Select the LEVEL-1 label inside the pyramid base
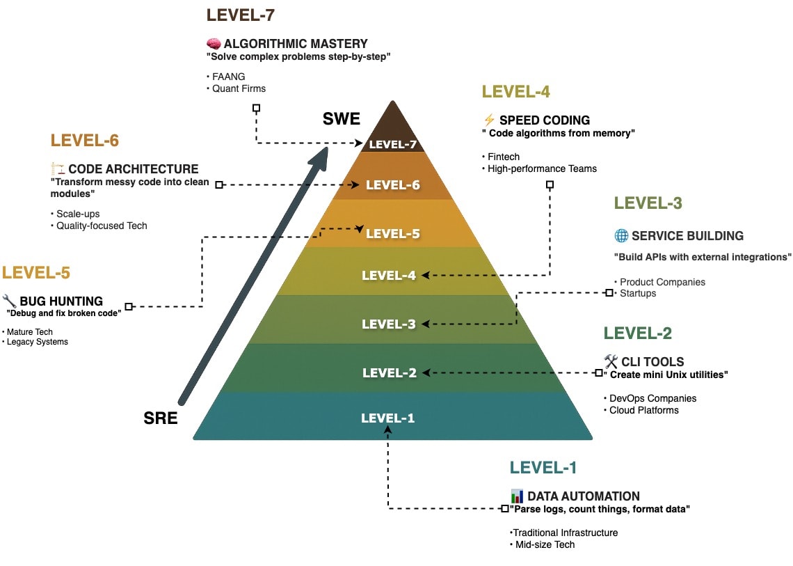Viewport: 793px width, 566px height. [x=387, y=418]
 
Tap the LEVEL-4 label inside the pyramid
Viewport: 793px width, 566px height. [x=389, y=276]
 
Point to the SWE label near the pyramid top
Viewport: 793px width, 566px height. [x=342, y=119]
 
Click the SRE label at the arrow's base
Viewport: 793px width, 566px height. [x=161, y=418]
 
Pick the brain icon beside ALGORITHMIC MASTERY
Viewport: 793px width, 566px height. [x=214, y=44]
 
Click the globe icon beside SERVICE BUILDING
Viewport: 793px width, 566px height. [x=621, y=235]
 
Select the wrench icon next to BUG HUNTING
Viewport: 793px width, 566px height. [x=10, y=301]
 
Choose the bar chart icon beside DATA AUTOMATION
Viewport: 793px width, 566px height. [x=517, y=496]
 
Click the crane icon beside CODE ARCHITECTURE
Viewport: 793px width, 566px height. [x=58, y=169]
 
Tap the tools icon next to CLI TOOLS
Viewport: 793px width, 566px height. [x=611, y=361]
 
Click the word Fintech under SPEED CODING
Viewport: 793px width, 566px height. [x=503, y=157]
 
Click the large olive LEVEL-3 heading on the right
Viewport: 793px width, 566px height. [x=648, y=203]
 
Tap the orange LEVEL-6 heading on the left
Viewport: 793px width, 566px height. [x=85, y=141]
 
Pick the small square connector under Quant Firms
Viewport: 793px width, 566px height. [x=256, y=108]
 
